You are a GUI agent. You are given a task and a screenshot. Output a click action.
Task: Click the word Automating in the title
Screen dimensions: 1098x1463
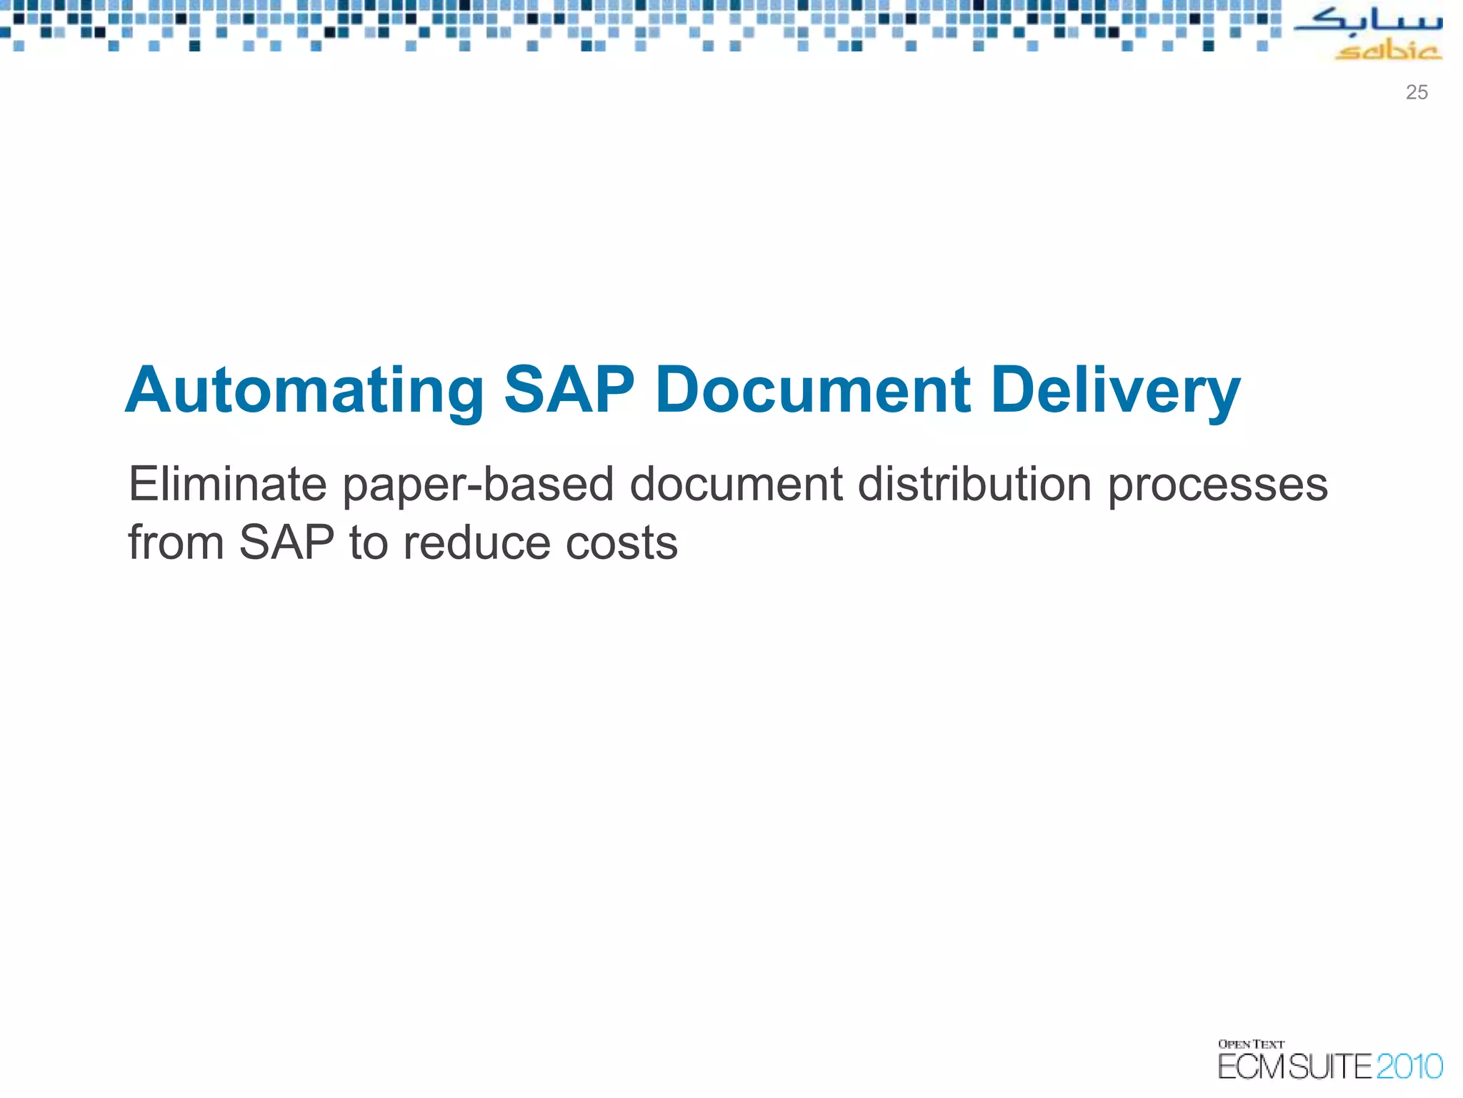coord(305,391)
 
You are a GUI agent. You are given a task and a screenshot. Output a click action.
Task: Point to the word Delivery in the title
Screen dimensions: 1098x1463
coord(1115,391)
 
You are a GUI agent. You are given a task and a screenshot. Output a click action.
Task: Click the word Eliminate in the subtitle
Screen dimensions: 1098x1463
coord(227,484)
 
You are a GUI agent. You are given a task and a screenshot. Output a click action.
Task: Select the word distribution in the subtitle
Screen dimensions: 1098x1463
coord(974,484)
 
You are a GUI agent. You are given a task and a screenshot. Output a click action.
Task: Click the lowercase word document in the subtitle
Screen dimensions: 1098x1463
coord(736,484)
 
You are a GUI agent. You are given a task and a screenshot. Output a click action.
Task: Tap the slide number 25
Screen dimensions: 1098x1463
coord(1417,92)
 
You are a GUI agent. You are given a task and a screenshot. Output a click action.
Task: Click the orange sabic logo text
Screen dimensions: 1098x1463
coord(1388,51)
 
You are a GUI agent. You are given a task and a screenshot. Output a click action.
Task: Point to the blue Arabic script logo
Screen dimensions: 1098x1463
coord(1368,21)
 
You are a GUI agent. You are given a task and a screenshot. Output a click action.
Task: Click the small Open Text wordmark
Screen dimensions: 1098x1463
coord(1251,1044)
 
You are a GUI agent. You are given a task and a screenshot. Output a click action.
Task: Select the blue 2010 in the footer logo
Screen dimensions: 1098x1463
coord(1409,1067)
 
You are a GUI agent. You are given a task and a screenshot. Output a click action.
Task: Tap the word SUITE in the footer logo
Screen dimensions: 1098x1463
coord(1330,1067)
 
